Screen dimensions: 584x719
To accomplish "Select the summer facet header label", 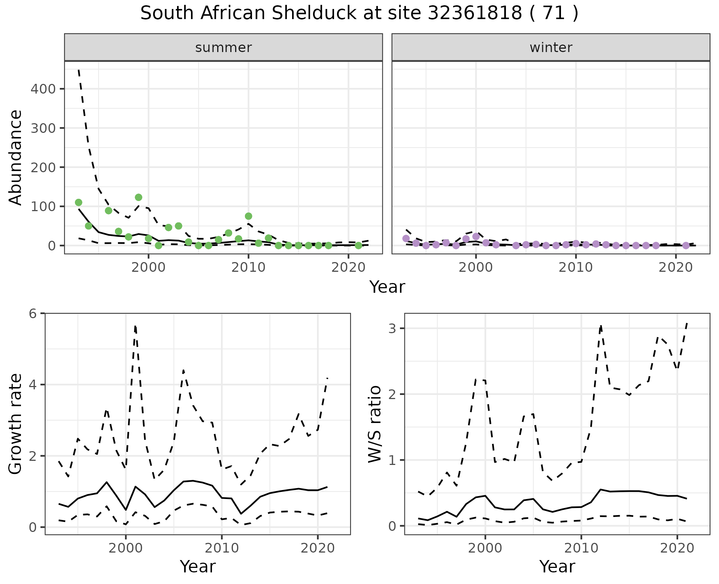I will pos(224,48).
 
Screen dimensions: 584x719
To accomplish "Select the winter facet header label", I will pos(551,48).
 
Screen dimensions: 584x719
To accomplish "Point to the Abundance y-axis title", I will pos(16,157).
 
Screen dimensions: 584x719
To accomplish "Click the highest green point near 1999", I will pos(139,197).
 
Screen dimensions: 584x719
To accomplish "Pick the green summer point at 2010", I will pos(248,216).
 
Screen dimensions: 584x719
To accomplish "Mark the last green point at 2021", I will pos(358,246).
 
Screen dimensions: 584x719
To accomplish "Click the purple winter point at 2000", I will pos(476,236).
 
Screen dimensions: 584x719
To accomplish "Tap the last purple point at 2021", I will pos(686,246).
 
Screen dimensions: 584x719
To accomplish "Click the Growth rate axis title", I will pos(16,424).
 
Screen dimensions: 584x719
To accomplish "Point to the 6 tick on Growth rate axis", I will pos(33,313).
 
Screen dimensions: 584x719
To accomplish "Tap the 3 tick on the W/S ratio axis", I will pos(392,329).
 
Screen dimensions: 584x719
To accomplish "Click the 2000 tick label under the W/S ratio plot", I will pos(485,548).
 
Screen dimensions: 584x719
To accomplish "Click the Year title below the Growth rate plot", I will pos(198,566).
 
